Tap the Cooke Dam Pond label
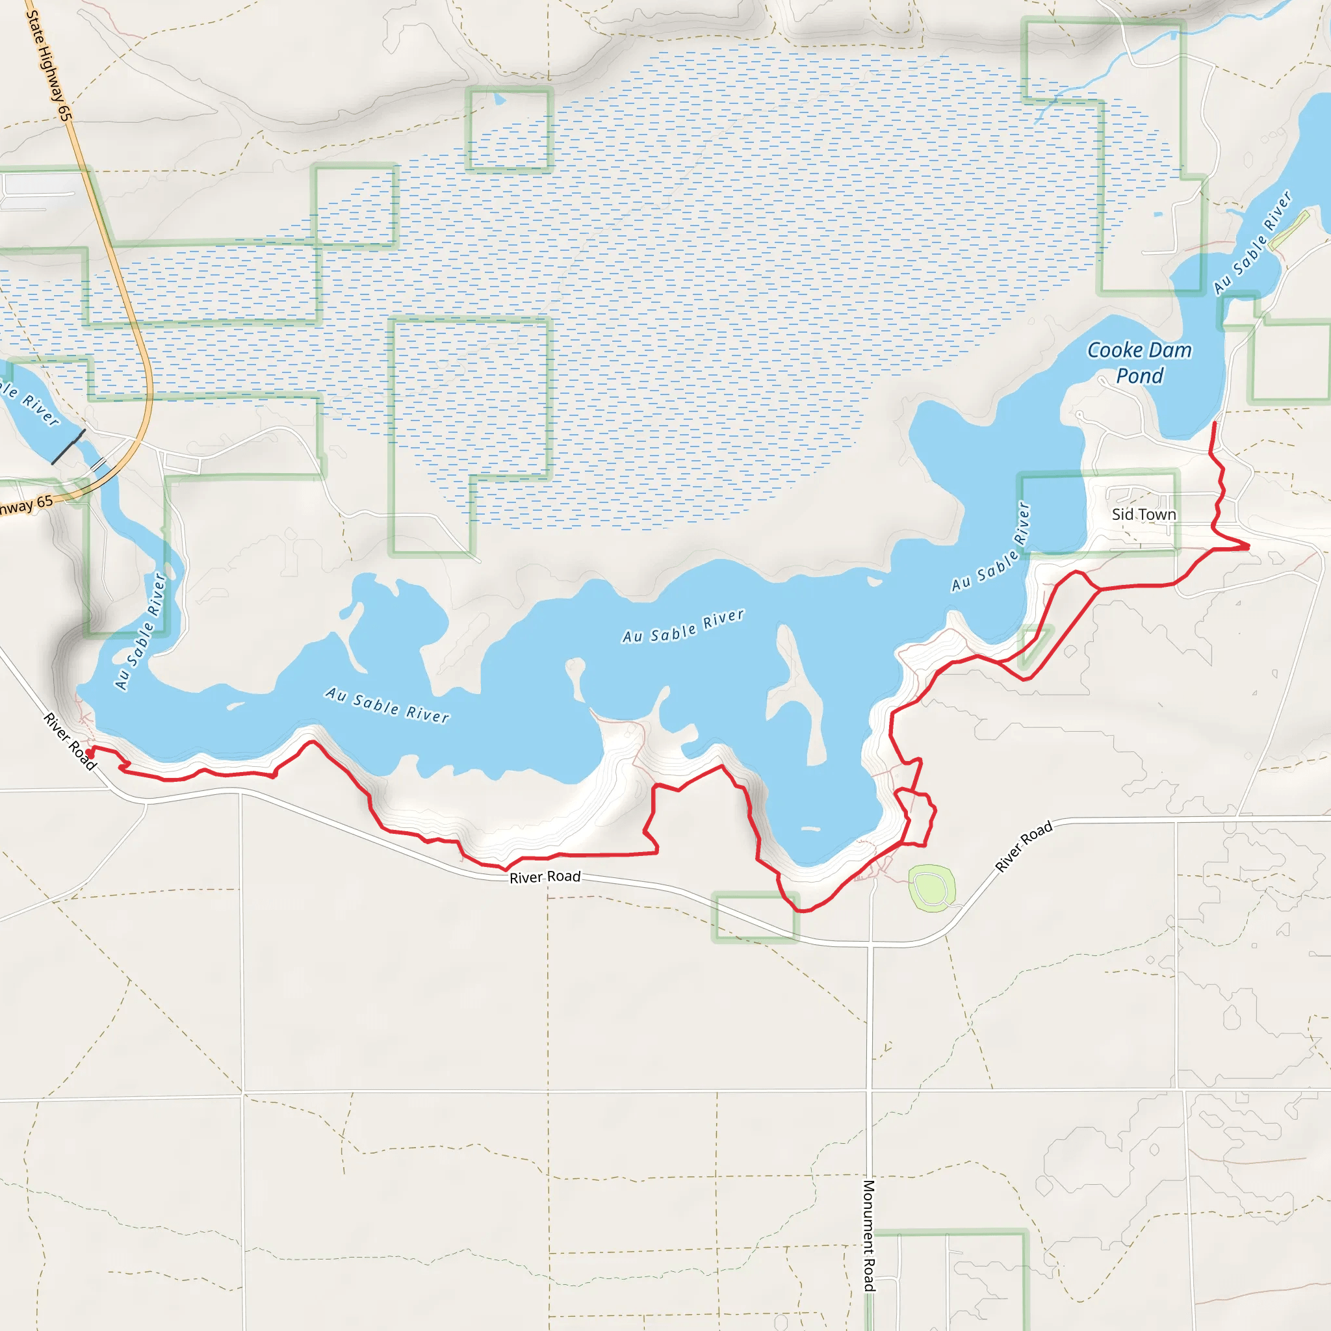click(x=1139, y=363)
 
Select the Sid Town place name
click(x=1144, y=515)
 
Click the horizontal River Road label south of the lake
click(x=545, y=877)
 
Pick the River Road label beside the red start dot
click(x=70, y=742)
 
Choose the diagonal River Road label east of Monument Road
click(x=1024, y=846)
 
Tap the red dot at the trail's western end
click(x=90, y=755)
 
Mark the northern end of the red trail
click(x=1214, y=423)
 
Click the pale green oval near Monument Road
click(x=931, y=888)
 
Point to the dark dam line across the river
click(x=68, y=446)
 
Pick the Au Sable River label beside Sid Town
click(x=991, y=548)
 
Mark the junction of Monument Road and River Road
click(x=871, y=943)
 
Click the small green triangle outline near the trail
click(x=1034, y=645)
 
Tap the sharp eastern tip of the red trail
click(x=1249, y=547)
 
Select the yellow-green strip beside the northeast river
click(x=1289, y=229)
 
